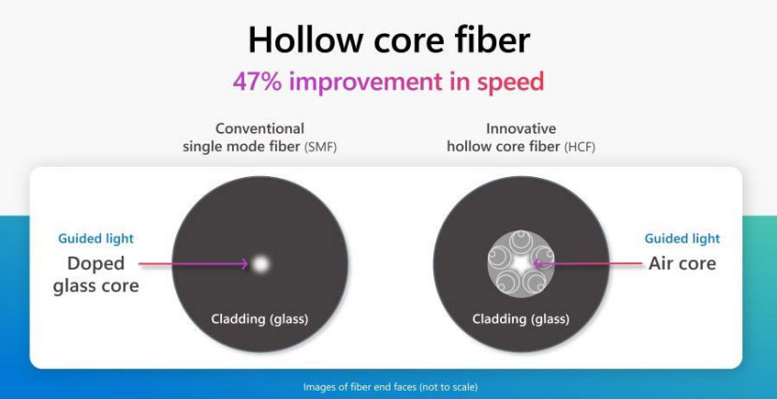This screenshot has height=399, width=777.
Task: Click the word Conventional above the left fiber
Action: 259,128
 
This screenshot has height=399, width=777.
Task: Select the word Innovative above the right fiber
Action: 520,128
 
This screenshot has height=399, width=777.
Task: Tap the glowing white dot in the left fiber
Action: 259,263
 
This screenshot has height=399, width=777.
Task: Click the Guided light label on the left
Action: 95,239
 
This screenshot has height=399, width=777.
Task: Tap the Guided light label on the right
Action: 682,239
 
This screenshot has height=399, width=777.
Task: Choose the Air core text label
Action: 682,263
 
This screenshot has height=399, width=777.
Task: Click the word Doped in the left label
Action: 95,262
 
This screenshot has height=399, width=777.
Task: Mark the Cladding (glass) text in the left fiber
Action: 259,319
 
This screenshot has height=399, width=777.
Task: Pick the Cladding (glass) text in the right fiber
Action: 520,319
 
